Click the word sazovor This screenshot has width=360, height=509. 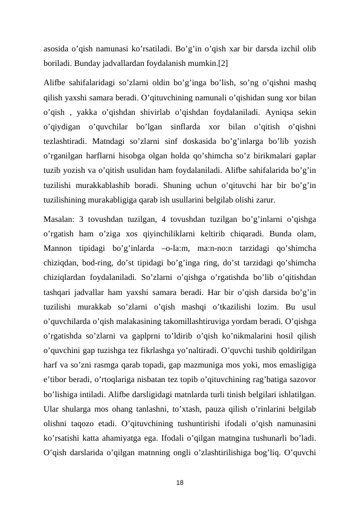[x=300, y=378]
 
